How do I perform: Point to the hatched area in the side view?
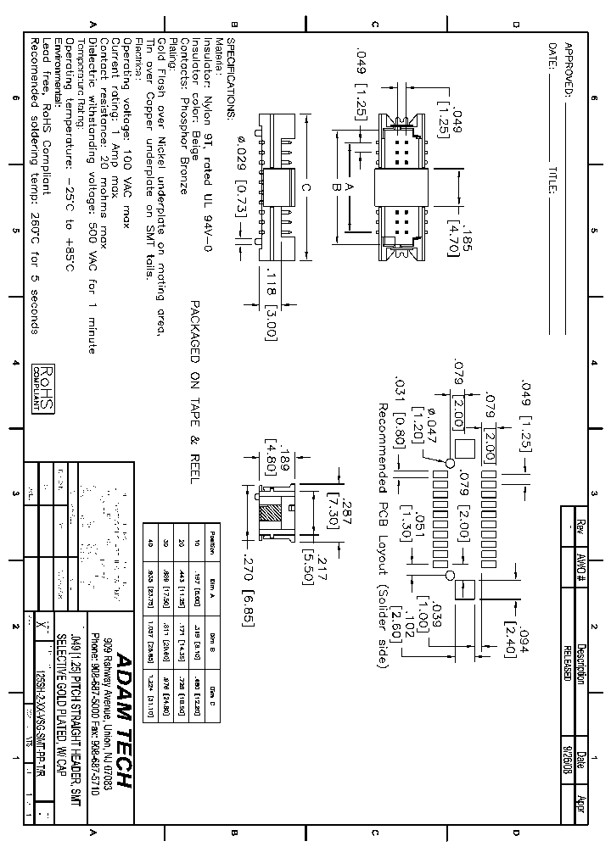(x=270, y=515)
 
